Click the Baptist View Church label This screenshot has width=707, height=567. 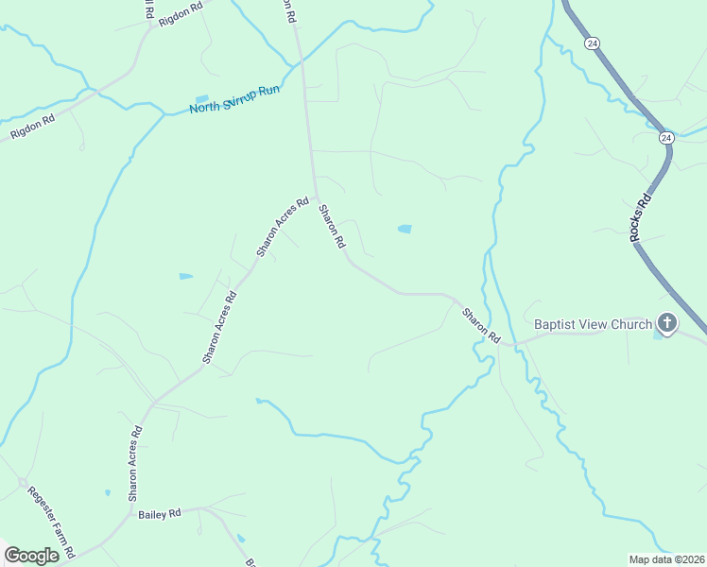pos(593,324)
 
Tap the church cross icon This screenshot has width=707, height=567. pos(667,324)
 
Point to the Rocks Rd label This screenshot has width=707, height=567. pos(642,219)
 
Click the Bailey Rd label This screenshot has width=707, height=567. pos(159,514)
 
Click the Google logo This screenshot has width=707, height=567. pos(31,556)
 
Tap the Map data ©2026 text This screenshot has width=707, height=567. pos(666,559)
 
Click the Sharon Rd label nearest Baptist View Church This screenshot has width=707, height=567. pos(481,324)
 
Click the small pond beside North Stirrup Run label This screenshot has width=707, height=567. pos(201,97)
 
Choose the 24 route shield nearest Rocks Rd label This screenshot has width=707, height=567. pos(666,138)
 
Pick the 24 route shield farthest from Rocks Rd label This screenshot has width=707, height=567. pos(592,43)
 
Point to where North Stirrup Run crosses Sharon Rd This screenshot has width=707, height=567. pos(302,61)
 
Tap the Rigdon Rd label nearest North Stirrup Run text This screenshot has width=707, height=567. pos(33,128)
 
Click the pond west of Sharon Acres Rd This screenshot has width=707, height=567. pos(185,277)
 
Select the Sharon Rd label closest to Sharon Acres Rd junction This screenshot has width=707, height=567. pos(332,227)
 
